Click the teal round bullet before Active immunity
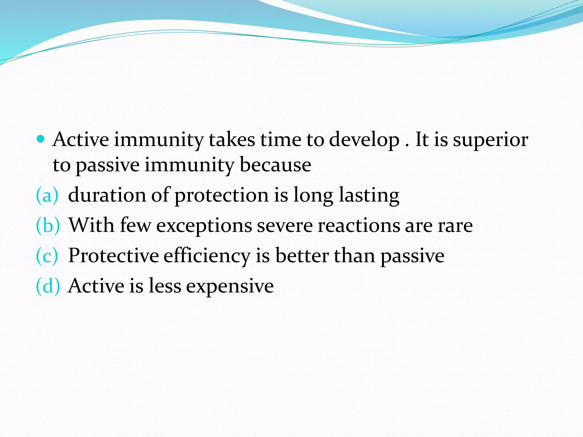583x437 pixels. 41,139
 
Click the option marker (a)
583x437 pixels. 47,195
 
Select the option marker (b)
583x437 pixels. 48,225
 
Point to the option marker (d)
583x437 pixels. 48,286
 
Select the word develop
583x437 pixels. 364,140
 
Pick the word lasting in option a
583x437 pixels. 369,196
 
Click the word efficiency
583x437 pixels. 207,256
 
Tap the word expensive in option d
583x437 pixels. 230,286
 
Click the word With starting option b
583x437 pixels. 91,225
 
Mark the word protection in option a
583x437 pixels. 221,196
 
